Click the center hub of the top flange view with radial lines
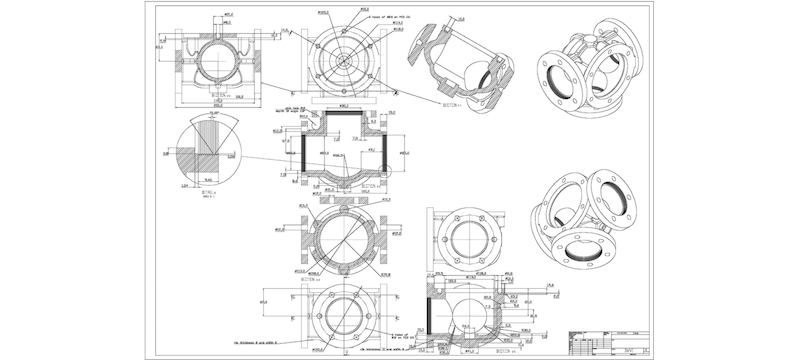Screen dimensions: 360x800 pos(343,57)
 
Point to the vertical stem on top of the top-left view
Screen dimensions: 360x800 pos(218,22)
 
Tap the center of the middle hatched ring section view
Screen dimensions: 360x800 pos(342,240)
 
